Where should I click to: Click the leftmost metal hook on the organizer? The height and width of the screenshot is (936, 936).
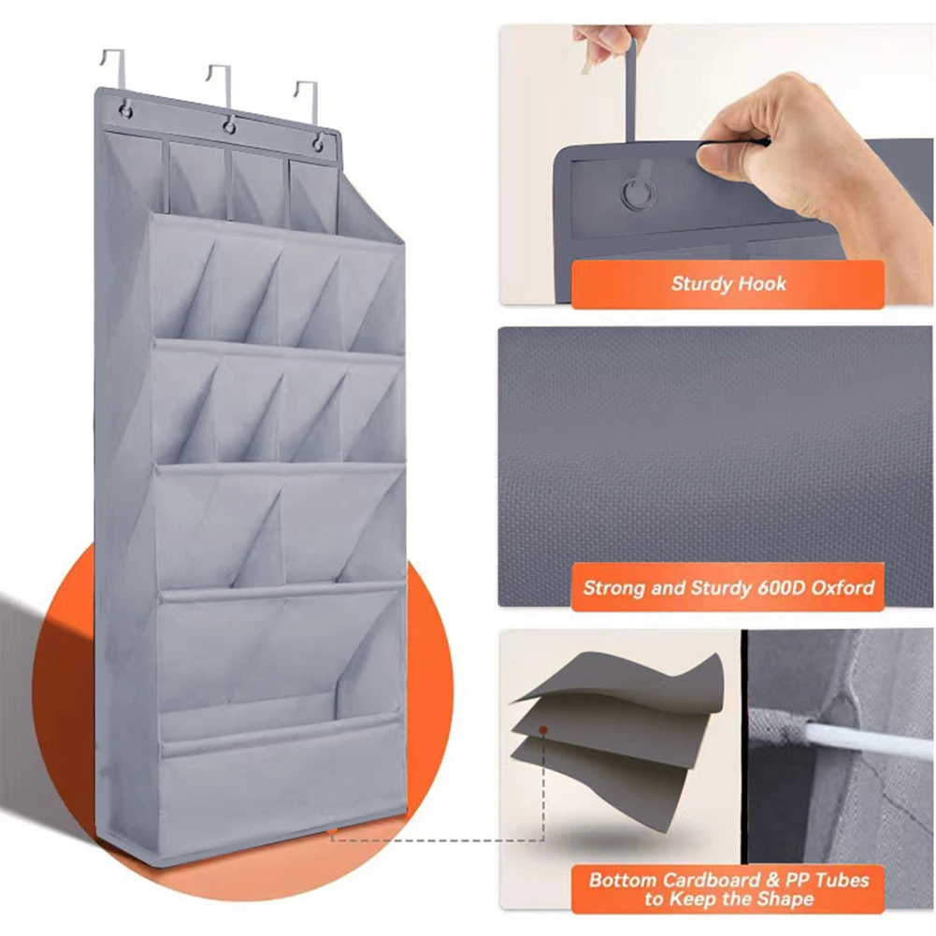point(110,70)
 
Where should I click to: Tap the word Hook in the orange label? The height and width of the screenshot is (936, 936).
point(761,284)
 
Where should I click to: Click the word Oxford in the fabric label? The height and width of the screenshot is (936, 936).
point(842,588)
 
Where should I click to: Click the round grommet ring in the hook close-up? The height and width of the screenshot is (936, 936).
point(639,194)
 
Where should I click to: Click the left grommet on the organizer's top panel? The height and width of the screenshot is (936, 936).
point(124,112)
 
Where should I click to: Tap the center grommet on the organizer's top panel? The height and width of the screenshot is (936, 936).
point(228,126)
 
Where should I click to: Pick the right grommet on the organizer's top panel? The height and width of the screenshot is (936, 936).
point(319,143)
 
